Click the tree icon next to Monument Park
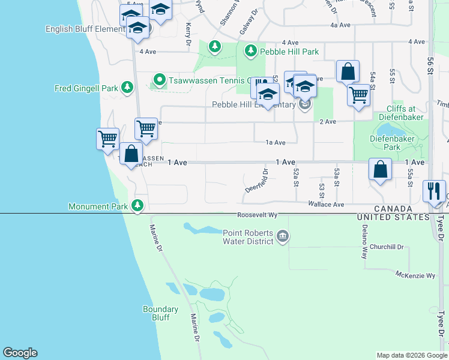click(x=137, y=206)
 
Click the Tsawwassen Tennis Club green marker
click(x=159, y=79)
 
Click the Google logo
click(x=20, y=353)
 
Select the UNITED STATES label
click(x=392, y=217)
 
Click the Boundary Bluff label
click(x=160, y=313)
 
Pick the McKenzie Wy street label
click(x=415, y=275)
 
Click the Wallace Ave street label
click(x=325, y=205)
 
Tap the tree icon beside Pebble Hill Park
click(x=251, y=52)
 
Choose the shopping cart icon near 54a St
click(x=358, y=94)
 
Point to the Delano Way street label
click(x=364, y=241)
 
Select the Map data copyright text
click(x=411, y=355)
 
